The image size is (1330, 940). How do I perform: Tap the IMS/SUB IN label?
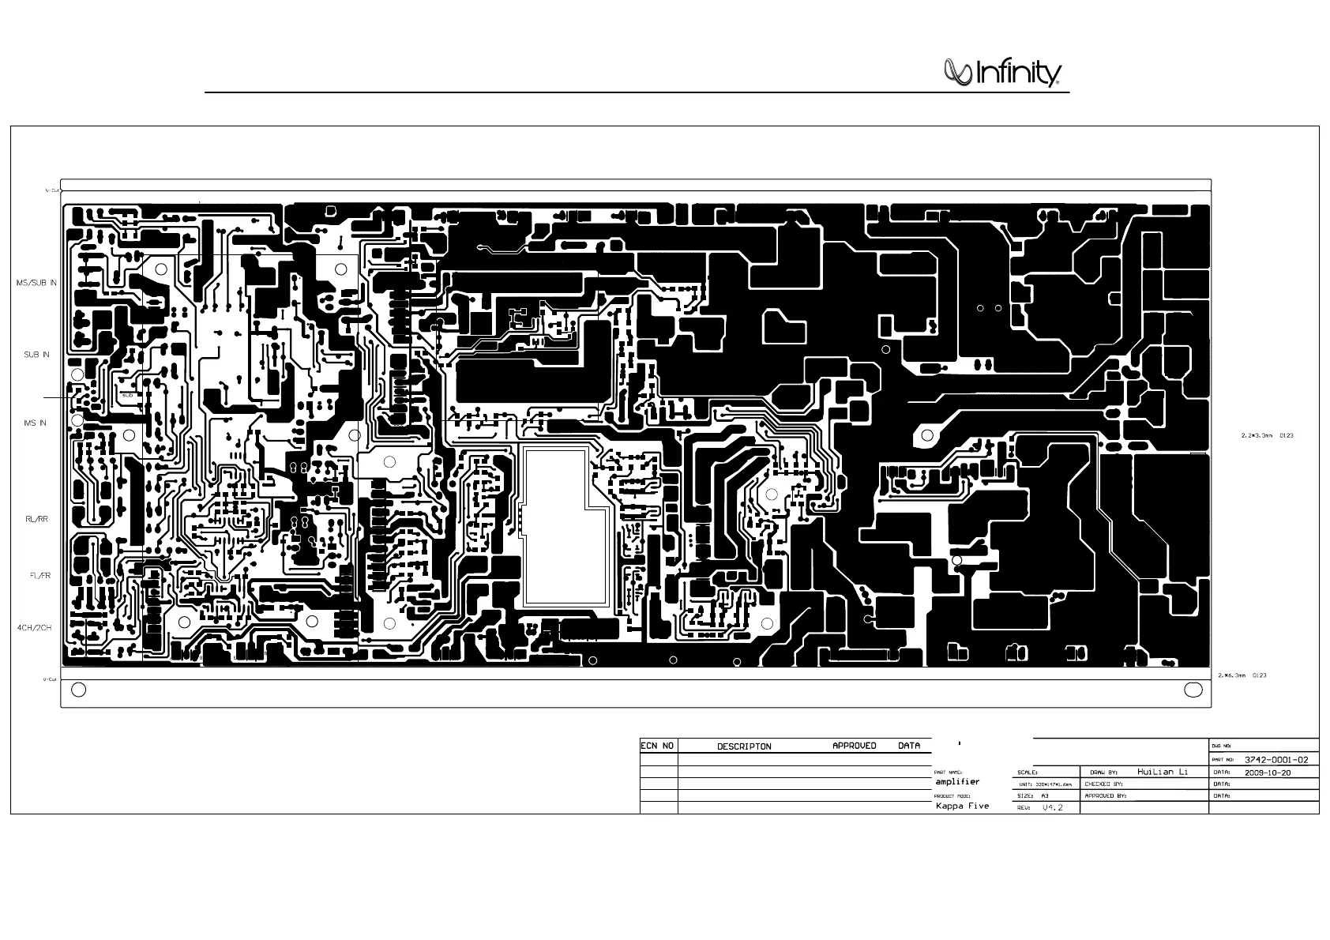36,282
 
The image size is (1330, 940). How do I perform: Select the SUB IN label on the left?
36,355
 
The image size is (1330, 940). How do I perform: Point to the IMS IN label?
35,423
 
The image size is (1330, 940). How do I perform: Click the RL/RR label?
37,519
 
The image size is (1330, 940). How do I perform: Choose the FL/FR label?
37,576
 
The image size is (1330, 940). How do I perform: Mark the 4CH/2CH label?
35,628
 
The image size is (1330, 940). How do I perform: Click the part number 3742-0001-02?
1276,760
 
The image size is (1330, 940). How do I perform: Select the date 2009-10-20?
1268,773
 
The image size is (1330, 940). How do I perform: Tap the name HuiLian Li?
1163,772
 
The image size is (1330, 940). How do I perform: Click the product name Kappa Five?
962,807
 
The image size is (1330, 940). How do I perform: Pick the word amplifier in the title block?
957,781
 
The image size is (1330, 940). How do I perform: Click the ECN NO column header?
657,746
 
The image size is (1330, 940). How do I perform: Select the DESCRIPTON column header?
744,746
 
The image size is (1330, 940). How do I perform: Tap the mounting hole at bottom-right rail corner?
1193,690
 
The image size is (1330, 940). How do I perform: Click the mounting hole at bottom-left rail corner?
78,690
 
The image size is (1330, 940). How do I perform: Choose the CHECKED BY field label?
1103,784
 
